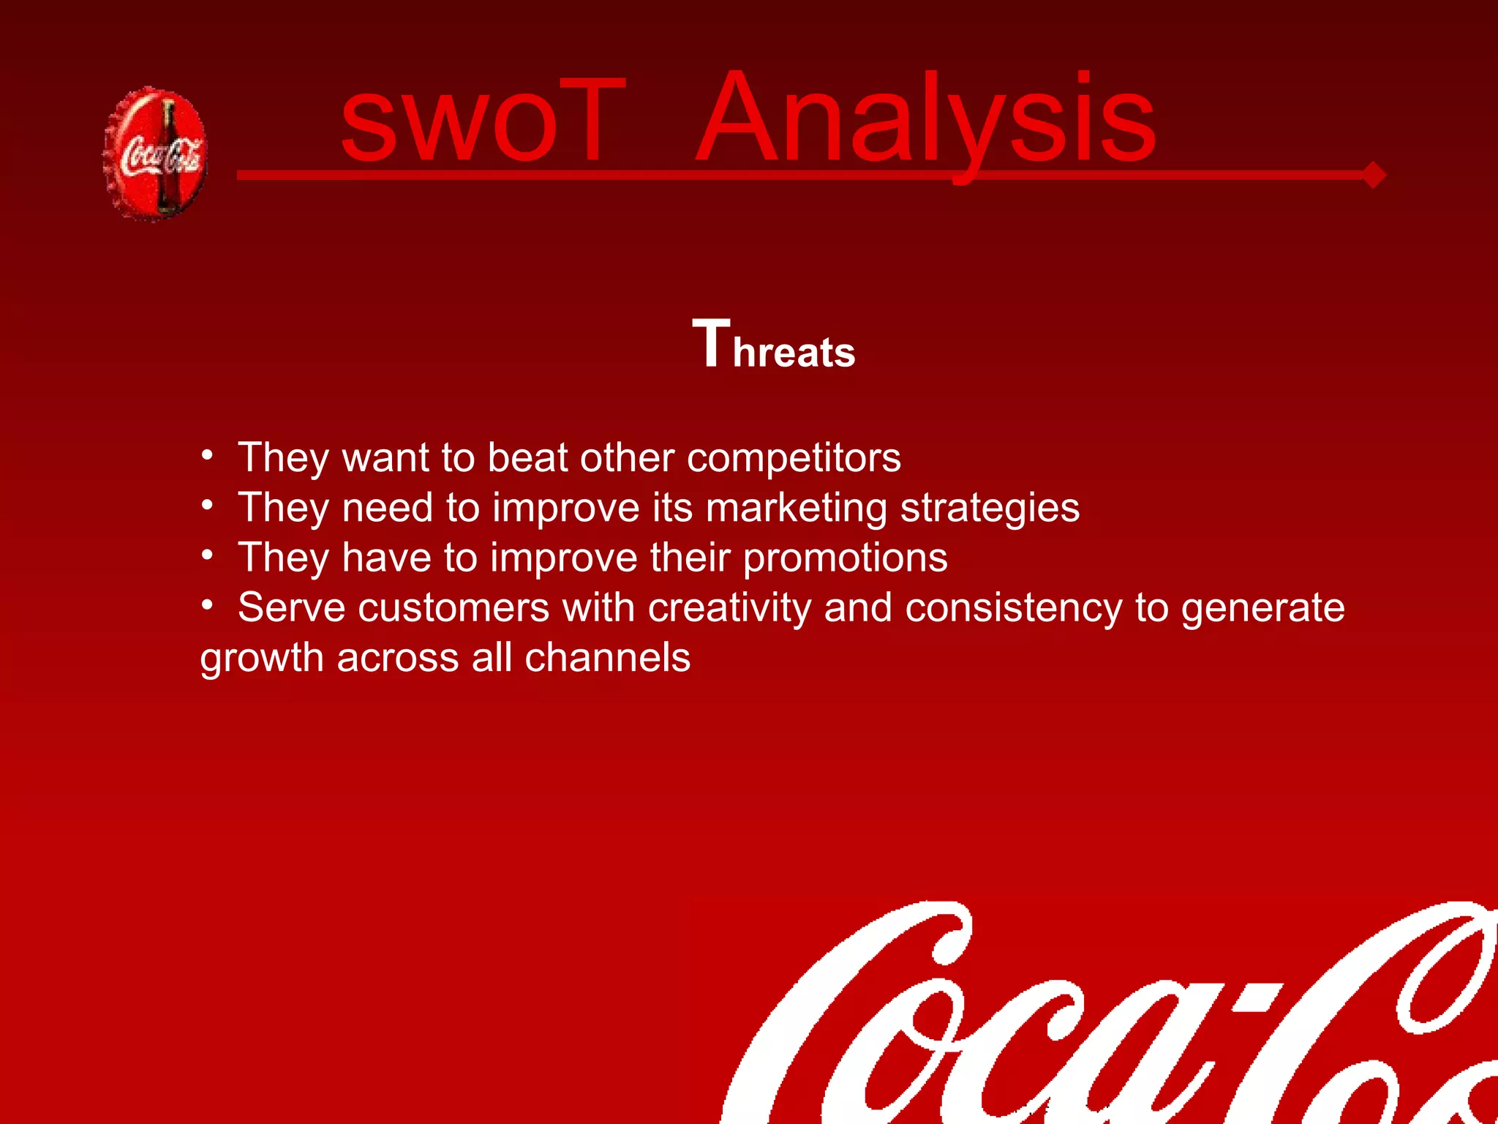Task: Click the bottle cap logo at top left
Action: tap(155, 154)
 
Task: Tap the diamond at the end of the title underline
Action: tap(1373, 175)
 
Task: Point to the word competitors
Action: tap(794, 458)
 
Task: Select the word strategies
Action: tap(989, 508)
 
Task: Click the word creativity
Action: tap(729, 608)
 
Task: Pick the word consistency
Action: tap(1013, 608)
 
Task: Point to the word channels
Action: tap(607, 657)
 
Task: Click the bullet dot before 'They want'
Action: tap(208, 455)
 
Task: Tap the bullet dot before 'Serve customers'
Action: tap(208, 605)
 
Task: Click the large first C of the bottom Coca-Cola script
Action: tap(841, 1024)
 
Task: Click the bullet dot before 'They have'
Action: tap(208, 555)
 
